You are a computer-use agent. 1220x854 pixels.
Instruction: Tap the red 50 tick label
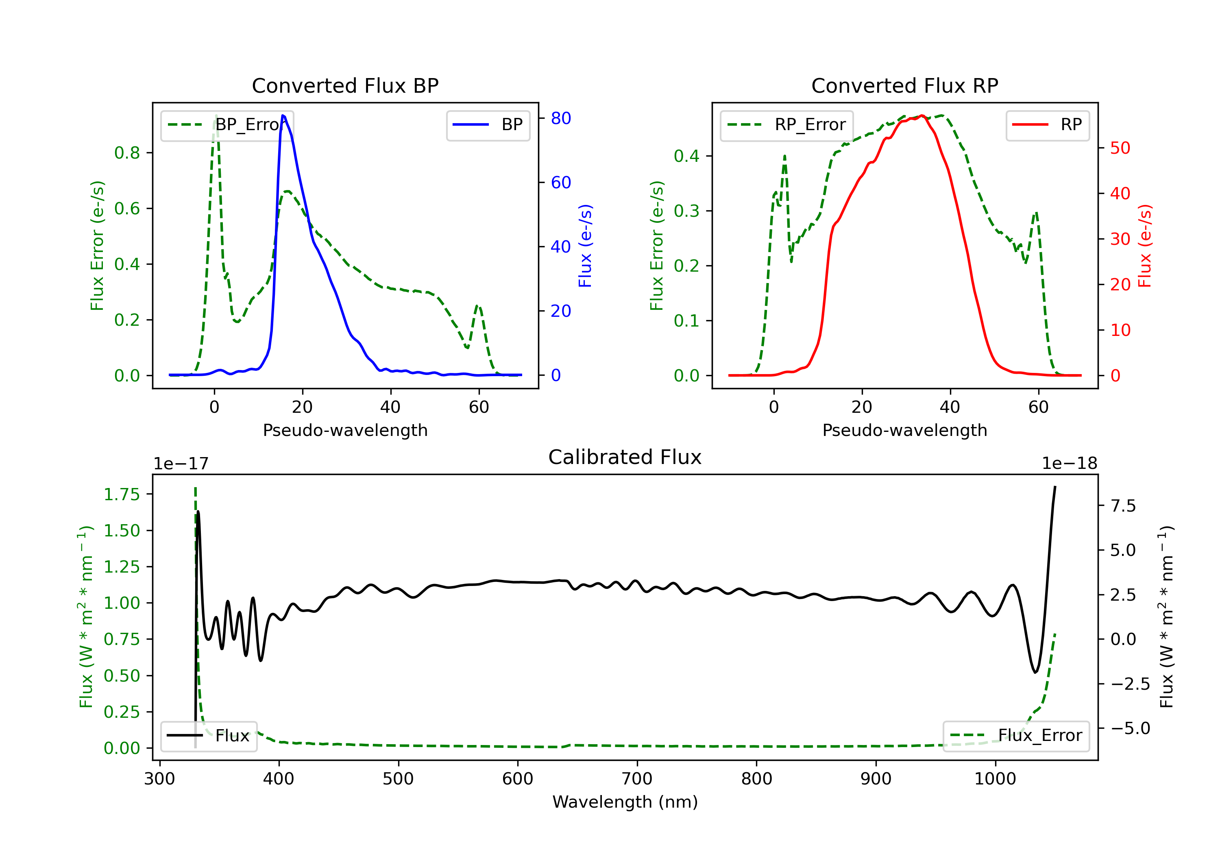coord(1120,148)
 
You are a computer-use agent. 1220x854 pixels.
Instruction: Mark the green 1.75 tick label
coord(122,495)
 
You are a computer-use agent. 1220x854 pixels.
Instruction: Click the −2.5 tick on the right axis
coord(1130,684)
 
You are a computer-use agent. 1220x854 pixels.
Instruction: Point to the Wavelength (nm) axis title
coord(625,802)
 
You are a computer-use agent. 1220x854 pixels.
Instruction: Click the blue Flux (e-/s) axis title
coord(585,246)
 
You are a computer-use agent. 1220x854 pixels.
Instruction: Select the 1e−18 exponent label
coord(1069,464)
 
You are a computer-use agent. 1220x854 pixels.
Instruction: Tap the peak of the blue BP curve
coord(283,115)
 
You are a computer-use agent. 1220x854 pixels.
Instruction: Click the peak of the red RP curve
coord(922,115)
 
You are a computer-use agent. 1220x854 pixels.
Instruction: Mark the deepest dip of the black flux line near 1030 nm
coord(1035,673)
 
